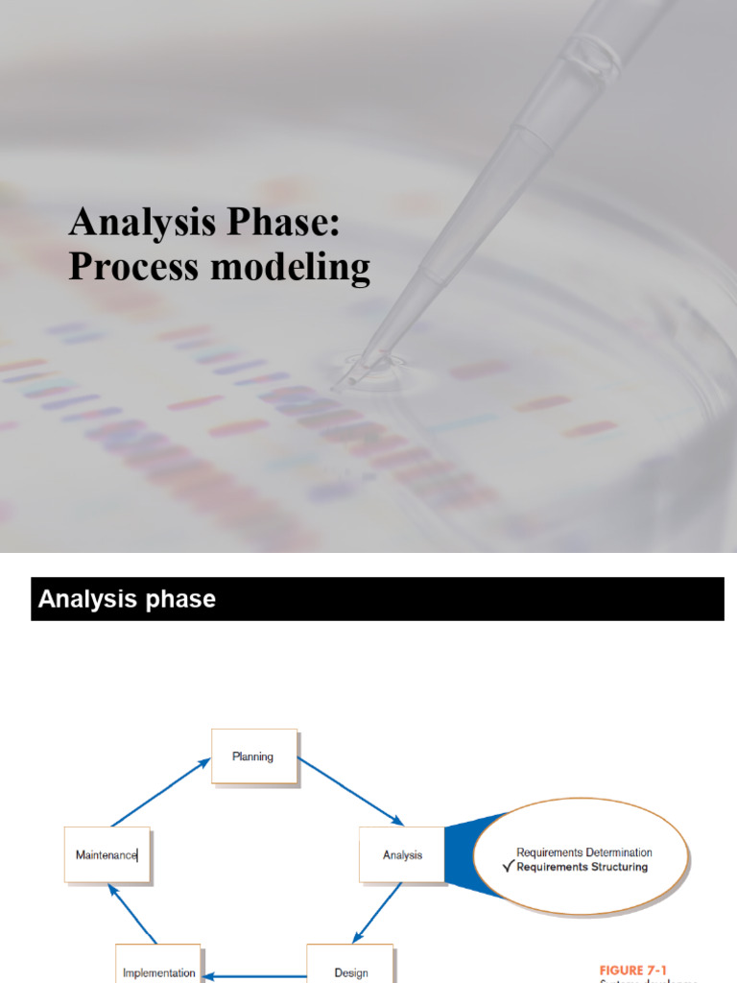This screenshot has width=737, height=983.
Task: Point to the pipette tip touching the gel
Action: [x=338, y=384]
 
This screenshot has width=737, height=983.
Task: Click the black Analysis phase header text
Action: [x=127, y=600]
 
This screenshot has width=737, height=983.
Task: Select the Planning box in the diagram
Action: [x=253, y=756]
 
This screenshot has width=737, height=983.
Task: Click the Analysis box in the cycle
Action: [x=402, y=854]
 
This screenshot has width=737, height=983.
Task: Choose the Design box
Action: [x=351, y=971]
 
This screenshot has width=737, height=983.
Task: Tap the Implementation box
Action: [x=159, y=971]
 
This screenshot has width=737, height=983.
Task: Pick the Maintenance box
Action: [x=107, y=854]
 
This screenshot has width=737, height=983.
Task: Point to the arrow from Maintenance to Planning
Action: [x=160, y=792]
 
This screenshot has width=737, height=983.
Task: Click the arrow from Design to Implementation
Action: [x=255, y=977]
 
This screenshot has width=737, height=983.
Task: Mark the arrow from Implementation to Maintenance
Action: [x=132, y=913]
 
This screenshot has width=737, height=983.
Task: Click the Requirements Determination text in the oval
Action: [x=583, y=851]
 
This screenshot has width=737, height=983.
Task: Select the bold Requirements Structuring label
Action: [x=582, y=867]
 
